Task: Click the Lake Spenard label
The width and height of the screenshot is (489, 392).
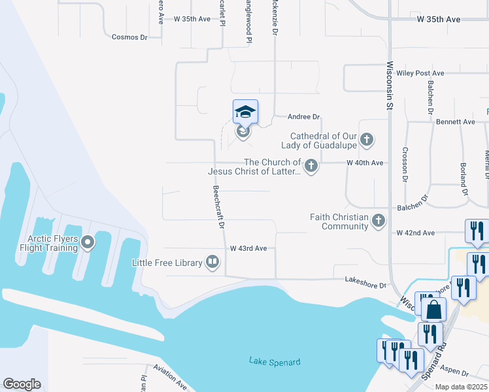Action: (275, 361)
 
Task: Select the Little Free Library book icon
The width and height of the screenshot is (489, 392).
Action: (212, 263)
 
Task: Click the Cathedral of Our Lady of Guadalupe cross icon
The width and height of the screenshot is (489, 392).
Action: (367, 139)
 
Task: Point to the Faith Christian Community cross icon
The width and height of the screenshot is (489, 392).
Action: (378, 221)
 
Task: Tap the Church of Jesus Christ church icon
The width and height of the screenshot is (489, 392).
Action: (311, 166)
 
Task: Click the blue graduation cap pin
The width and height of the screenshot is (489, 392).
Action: (245, 112)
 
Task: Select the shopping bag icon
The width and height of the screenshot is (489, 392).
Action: (433, 310)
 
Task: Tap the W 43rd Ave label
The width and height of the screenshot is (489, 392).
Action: (248, 248)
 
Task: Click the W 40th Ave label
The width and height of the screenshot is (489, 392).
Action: (365, 162)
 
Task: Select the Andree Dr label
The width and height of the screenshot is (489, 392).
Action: (304, 117)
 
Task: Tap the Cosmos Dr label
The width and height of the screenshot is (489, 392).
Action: (129, 37)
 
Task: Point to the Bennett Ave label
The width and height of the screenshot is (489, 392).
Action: (456, 122)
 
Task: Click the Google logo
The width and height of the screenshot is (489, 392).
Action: (22, 384)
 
